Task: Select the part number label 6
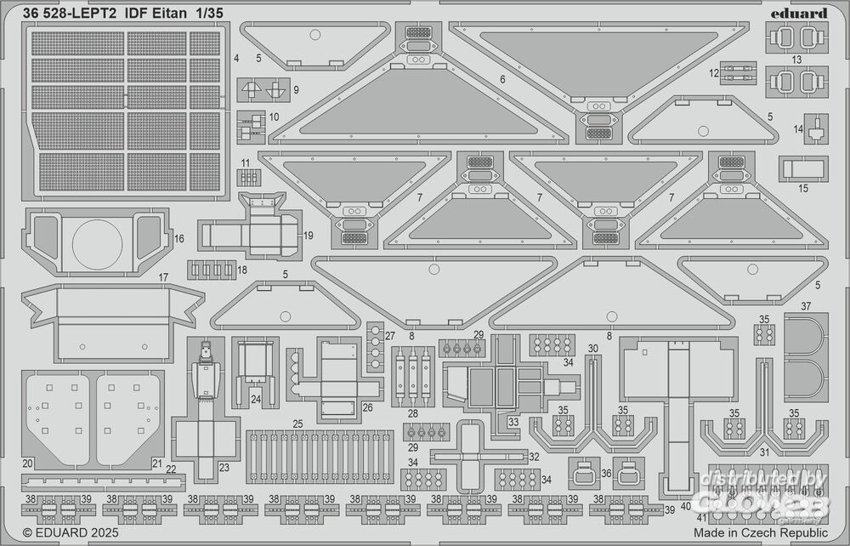pos(502,79)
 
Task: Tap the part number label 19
pos(309,235)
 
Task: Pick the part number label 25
pos(297,424)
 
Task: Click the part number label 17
pos(163,277)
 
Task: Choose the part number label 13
pos(796,60)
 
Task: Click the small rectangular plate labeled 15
pos(804,168)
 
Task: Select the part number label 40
pos(685,507)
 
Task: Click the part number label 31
pos(764,452)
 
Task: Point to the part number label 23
pos(224,466)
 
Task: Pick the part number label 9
pos(296,89)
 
